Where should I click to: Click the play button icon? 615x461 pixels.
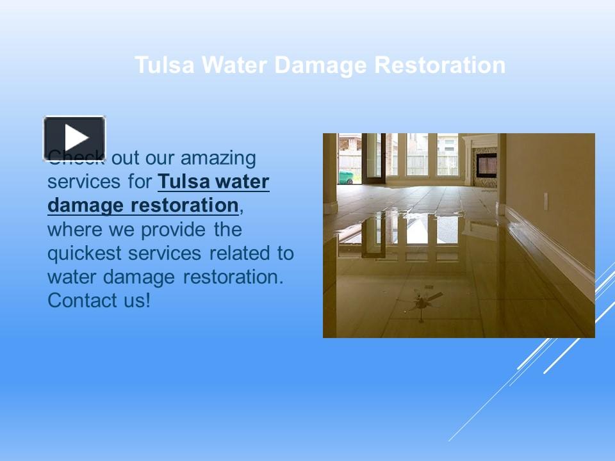point(74,138)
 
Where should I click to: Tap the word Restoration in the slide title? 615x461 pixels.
point(440,65)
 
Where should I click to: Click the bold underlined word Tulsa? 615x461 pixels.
point(183,182)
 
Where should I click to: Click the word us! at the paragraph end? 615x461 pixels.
point(135,300)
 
